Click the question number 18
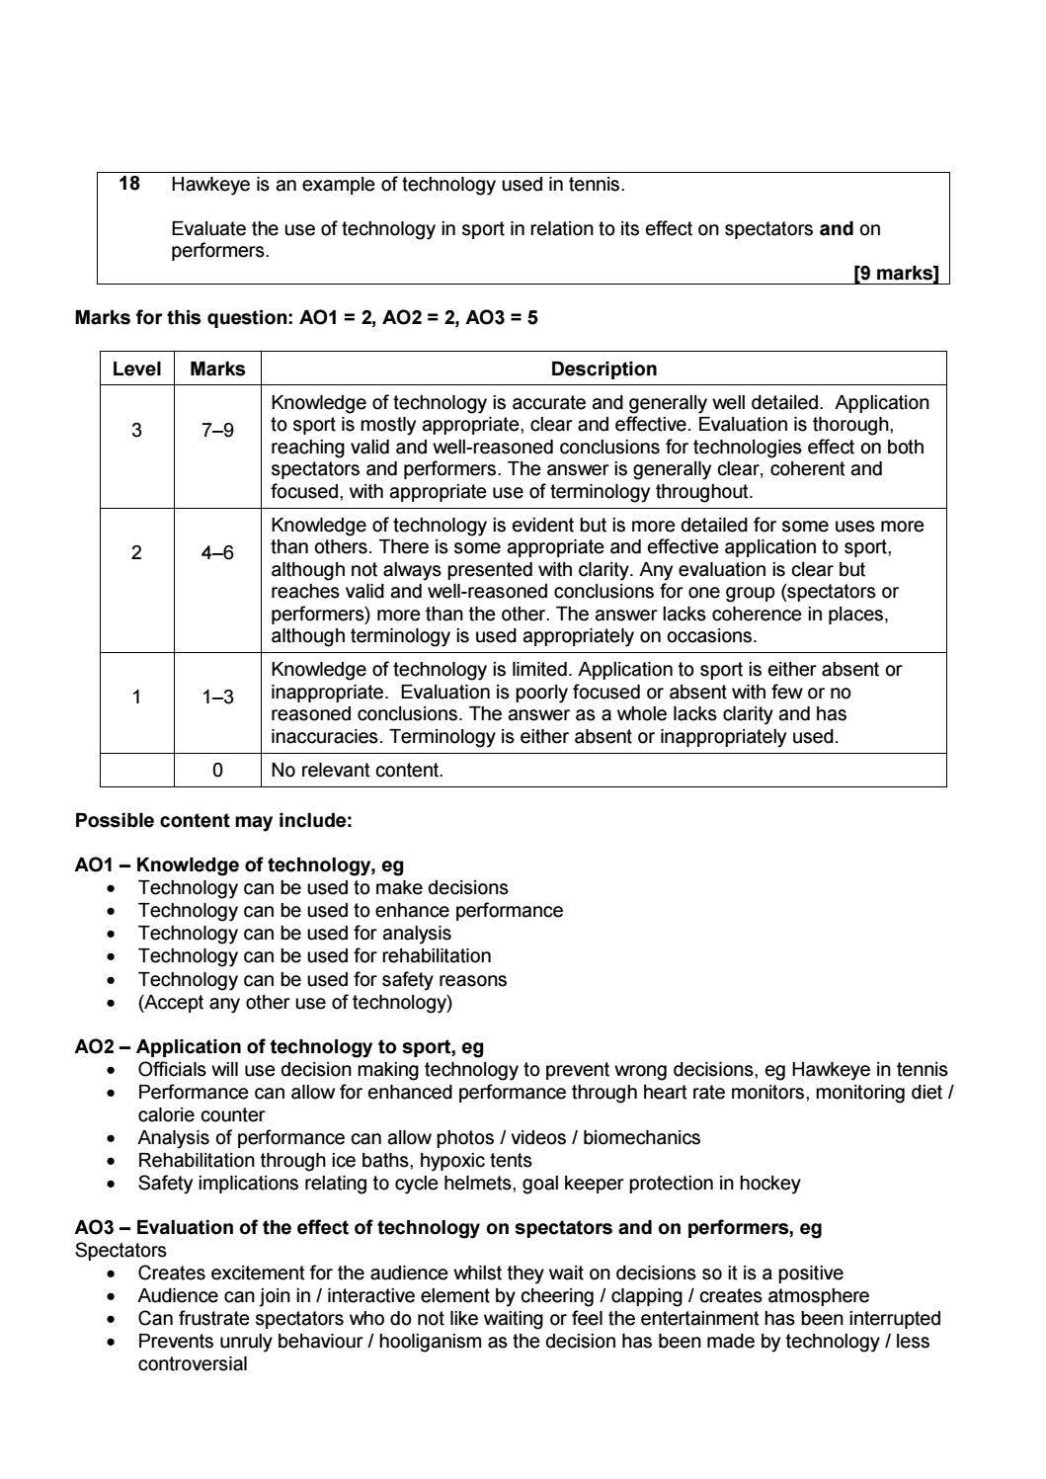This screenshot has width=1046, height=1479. pyautogui.click(x=129, y=184)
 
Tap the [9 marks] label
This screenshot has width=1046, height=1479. pyautogui.click(x=895, y=274)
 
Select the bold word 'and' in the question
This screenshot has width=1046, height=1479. pyautogui.click(x=836, y=229)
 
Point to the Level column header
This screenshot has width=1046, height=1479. pyautogui.click(x=136, y=369)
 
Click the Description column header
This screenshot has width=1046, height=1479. pyautogui.click(x=603, y=369)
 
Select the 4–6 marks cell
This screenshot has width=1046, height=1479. pyautogui.click(x=217, y=552)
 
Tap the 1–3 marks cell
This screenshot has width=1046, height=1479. pyautogui.click(x=217, y=697)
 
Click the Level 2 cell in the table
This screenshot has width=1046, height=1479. pyautogui.click(x=136, y=552)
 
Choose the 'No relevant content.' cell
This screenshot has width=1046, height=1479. pyautogui.click(x=357, y=771)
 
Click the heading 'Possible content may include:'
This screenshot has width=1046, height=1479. pyautogui.click(x=213, y=821)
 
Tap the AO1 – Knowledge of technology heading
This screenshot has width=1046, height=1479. pyautogui.click(x=239, y=865)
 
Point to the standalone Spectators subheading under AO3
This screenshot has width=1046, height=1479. pyautogui.click(x=121, y=1251)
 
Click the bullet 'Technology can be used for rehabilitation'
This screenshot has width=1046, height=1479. pyautogui.click(x=314, y=956)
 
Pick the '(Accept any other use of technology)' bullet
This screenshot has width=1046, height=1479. pyautogui.click(x=294, y=1003)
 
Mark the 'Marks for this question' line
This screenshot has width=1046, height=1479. pyautogui.click(x=306, y=318)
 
